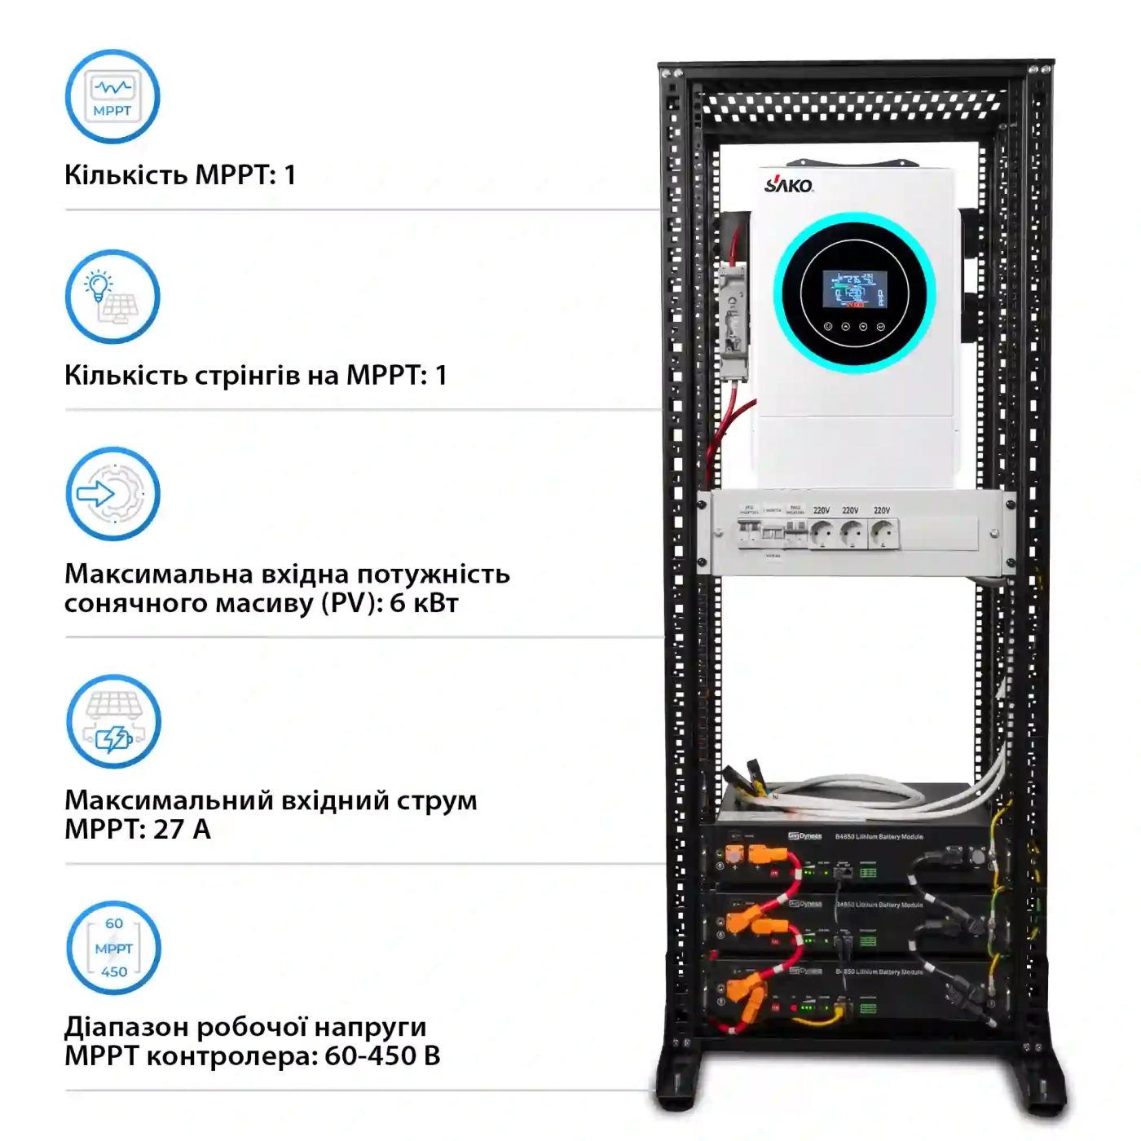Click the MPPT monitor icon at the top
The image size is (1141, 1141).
tap(112, 97)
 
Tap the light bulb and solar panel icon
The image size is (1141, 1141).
tap(112, 297)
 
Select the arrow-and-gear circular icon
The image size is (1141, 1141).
tap(112, 494)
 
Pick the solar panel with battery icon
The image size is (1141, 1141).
tap(113, 721)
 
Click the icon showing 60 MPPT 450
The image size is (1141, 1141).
tap(113, 948)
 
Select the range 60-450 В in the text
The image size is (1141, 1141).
tap(382, 1056)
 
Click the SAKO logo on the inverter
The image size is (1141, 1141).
tap(788, 184)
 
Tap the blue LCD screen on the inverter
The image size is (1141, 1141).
tap(853, 289)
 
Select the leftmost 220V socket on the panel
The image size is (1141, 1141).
tap(822, 534)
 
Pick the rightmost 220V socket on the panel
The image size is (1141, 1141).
tap(882, 534)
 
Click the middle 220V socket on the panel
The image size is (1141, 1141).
tap(851, 534)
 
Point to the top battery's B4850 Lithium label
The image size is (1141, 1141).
tap(879, 836)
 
